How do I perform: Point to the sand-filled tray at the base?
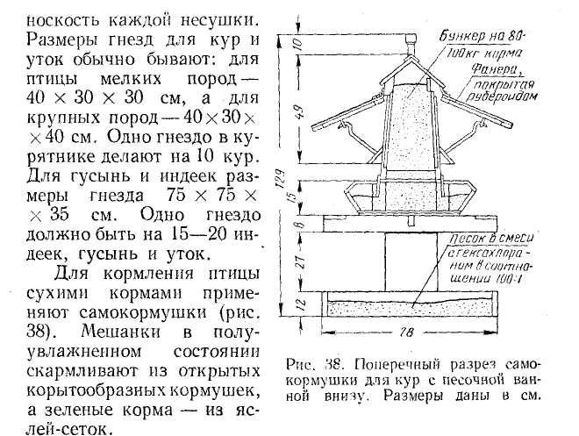click(x=412, y=306)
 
